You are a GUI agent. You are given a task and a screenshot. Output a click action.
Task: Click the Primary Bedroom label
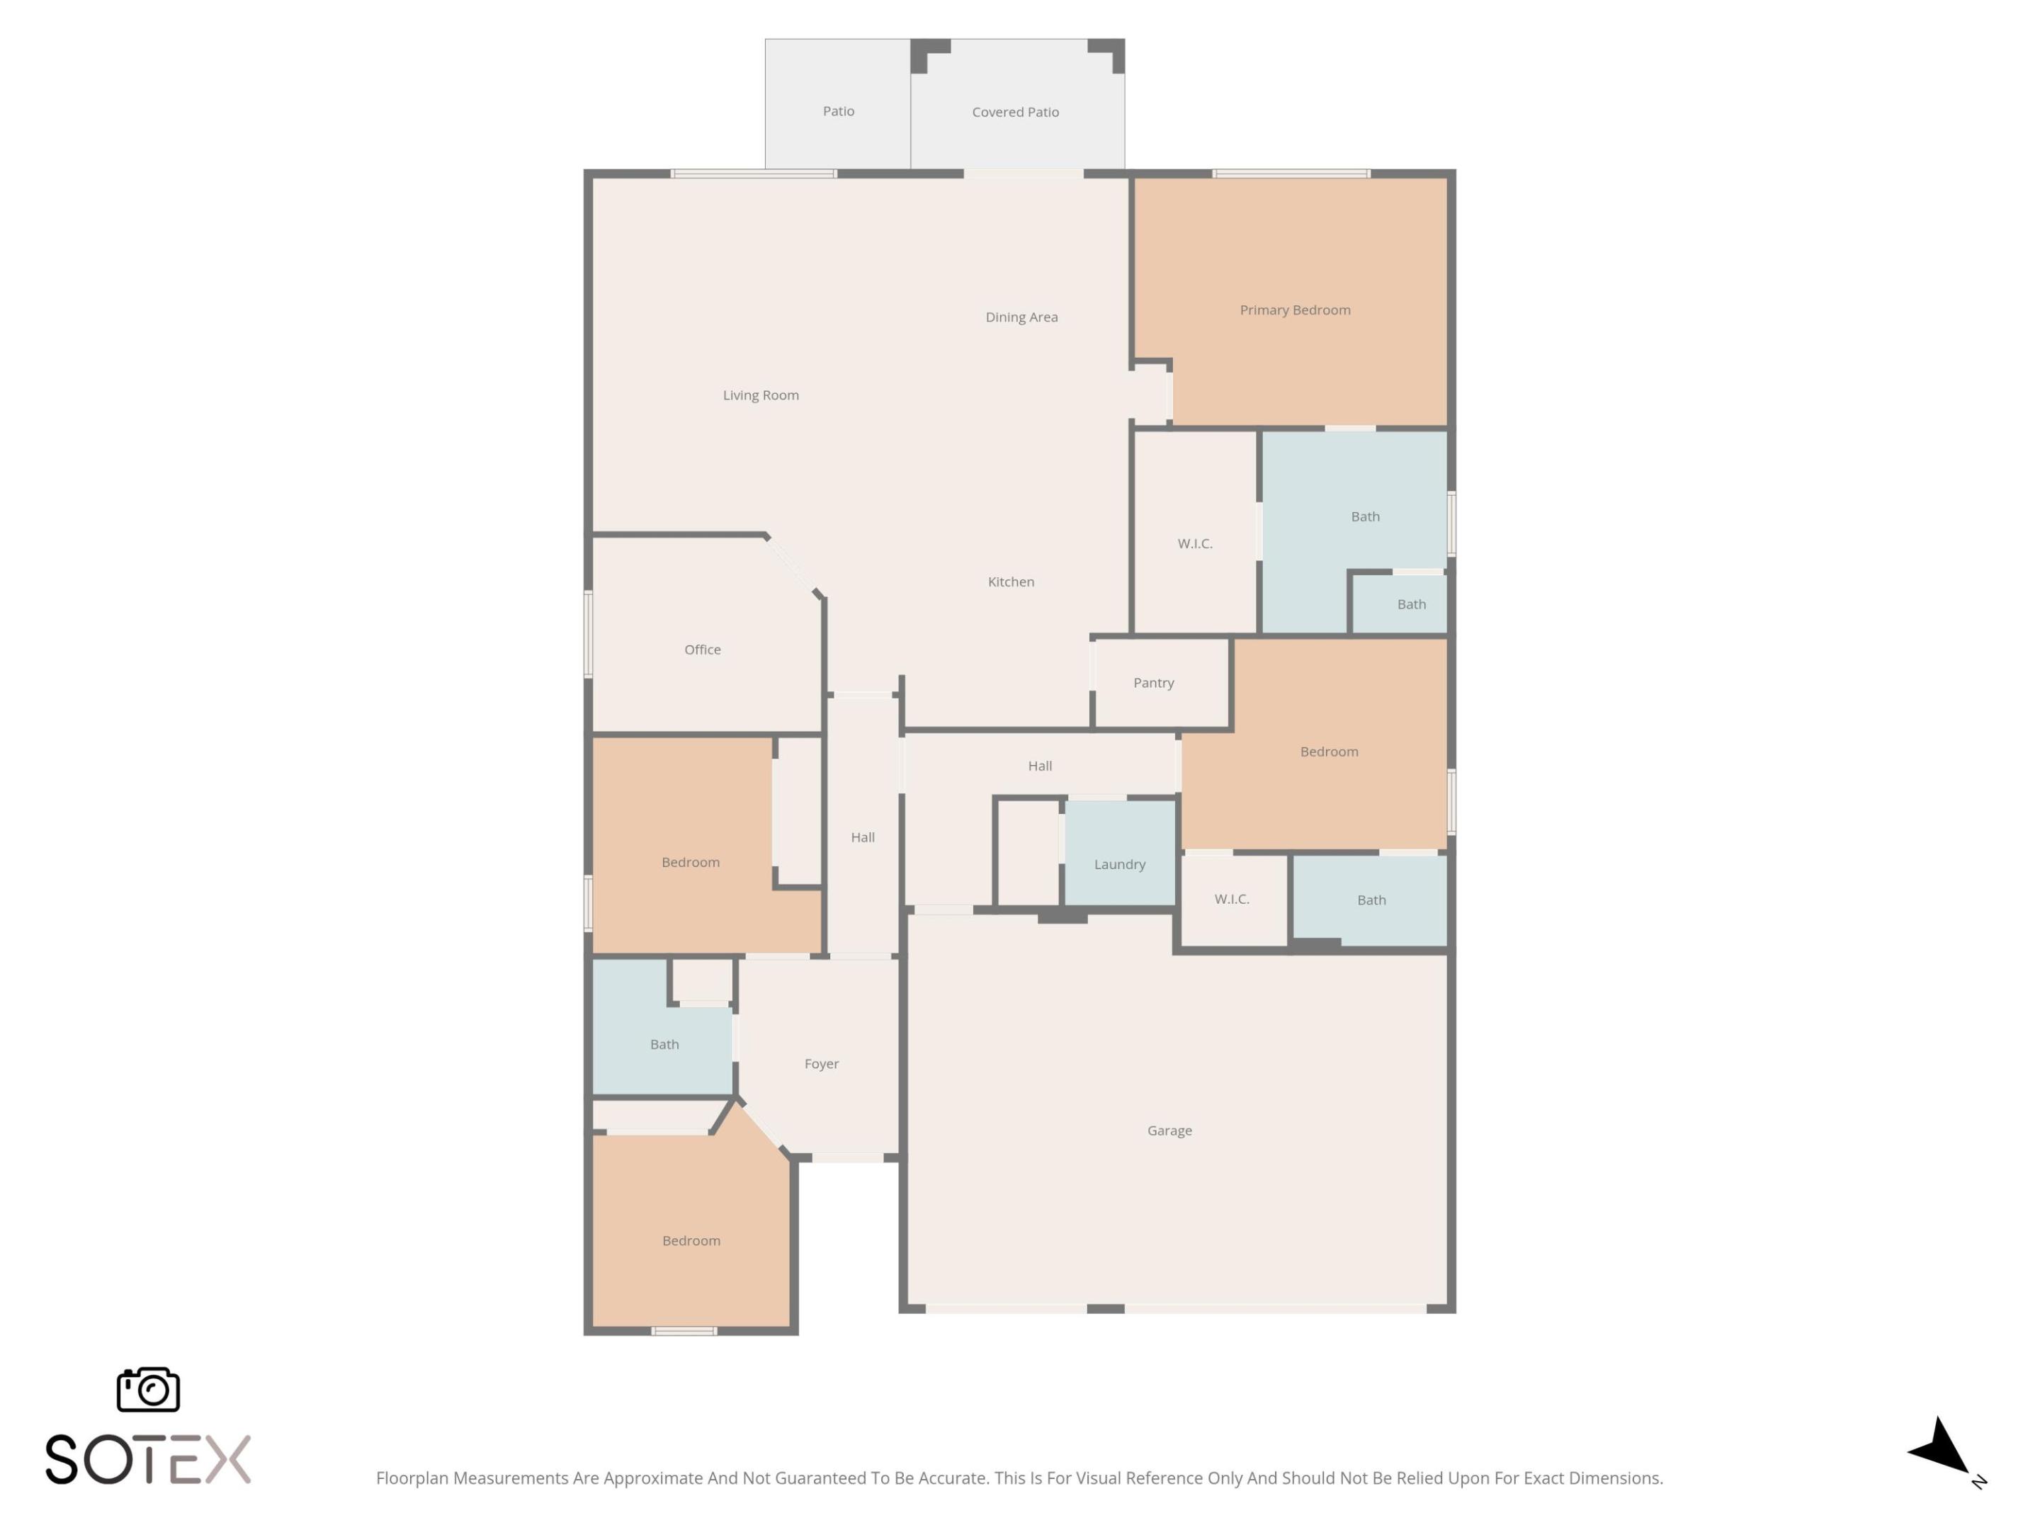pyautogui.click(x=1295, y=310)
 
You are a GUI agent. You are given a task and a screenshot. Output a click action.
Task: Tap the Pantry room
pyautogui.click(x=1154, y=682)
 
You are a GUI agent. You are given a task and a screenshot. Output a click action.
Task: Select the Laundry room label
pyautogui.click(x=1120, y=864)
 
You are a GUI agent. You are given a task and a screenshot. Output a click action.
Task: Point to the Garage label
pyautogui.click(x=1169, y=1130)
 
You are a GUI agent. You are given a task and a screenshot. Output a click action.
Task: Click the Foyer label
pyautogui.click(x=821, y=1063)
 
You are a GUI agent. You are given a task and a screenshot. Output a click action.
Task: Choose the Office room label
pyautogui.click(x=702, y=650)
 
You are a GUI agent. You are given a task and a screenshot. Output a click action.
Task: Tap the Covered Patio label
pyautogui.click(x=1014, y=112)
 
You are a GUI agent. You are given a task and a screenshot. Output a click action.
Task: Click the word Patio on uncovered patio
pyautogui.click(x=839, y=110)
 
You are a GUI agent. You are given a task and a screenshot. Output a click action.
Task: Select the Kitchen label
pyautogui.click(x=1011, y=582)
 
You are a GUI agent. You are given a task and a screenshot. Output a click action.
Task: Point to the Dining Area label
pyautogui.click(x=1021, y=317)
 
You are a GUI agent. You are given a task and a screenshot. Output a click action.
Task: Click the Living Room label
pyautogui.click(x=760, y=395)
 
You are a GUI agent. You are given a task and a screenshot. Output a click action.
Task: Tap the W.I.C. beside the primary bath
pyautogui.click(x=1194, y=543)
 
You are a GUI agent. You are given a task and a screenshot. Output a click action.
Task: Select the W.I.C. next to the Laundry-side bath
pyautogui.click(x=1231, y=898)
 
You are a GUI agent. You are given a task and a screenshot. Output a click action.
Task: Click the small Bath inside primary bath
pyautogui.click(x=1411, y=604)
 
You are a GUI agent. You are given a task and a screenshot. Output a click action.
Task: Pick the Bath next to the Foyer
pyautogui.click(x=664, y=1044)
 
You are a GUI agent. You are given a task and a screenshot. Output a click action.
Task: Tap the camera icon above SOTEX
pyautogui.click(x=149, y=1389)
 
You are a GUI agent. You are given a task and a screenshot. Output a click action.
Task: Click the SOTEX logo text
pyautogui.click(x=147, y=1459)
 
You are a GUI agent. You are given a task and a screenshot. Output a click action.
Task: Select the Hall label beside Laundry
pyautogui.click(x=1039, y=766)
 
